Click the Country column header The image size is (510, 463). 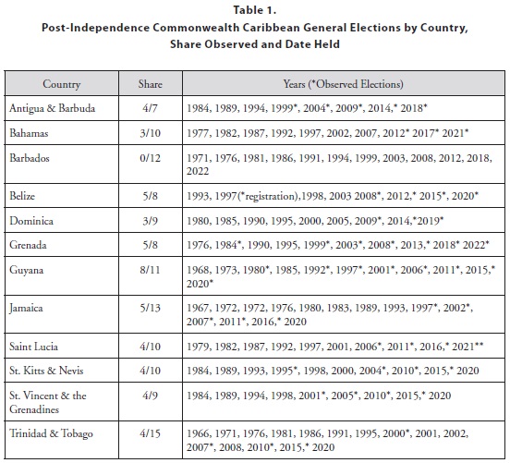point(62,84)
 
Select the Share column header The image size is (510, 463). point(150,84)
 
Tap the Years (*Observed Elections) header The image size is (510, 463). point(343,84)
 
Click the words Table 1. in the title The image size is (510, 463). point(255,10)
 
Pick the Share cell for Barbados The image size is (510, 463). point(150,158)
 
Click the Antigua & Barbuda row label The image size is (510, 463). point(53,108)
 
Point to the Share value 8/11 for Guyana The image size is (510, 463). point(150,270)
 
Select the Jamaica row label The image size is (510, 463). point(26,308)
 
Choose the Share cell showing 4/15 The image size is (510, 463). point(150,433)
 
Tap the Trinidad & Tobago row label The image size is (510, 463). point(51,433)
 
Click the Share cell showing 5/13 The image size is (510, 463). point(150,308)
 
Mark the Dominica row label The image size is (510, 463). point(31,221)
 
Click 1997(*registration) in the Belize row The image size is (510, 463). point(256,196)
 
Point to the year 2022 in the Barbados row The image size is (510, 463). point(198,172)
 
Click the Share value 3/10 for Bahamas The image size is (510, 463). point(150,133)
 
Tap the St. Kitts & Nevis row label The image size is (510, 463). point(46,371)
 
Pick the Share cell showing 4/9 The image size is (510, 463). point(150,396)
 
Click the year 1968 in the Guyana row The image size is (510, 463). point(198,270)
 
